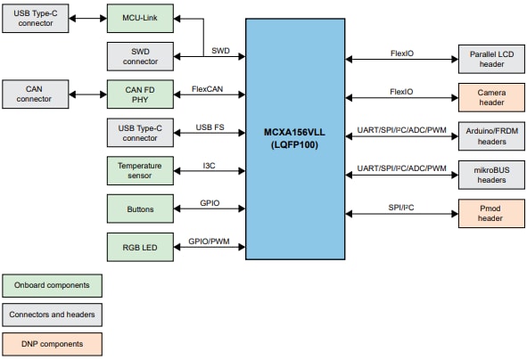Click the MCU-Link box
pyautogui.click(x=140, y=19)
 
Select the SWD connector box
pyautogui.click(x=140, y=57)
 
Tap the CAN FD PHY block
pyautogui.click(x=140, y=94)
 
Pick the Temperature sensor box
pyautogui.click(x=140, y=170)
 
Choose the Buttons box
pyautogui.click(x=140, y=209)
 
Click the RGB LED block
pyautogui.click(x=140, y=247)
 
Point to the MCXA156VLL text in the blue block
pyautogui.click(x=295, y=132)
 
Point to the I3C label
pyautogui.click(x=209, y=166)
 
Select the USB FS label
pyautogui.click(x=209, y=127)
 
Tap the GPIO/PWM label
pyautogui.click(x=209, y=241)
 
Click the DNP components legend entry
pyautogui.click(x=52, y=343)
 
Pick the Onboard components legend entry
pyautogui.click(x=52, y=285)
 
